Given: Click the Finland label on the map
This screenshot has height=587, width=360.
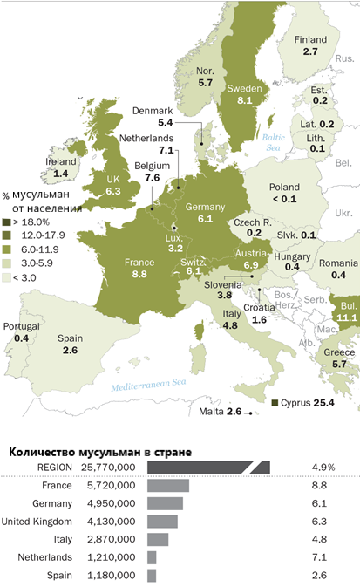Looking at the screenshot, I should click(309, 39).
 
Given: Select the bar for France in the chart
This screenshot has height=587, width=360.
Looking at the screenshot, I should click(168, 485).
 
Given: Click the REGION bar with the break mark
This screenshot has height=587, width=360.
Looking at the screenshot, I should click(208, 468).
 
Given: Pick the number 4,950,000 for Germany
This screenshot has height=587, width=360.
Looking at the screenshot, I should click(111, 503).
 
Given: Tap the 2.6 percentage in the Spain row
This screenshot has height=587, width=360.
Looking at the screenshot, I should click(320, 576).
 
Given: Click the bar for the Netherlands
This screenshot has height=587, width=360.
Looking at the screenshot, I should click(152, 557).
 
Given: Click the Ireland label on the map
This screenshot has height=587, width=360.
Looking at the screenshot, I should click(60, 161).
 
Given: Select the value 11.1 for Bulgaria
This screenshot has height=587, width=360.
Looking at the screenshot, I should click(347, 319).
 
